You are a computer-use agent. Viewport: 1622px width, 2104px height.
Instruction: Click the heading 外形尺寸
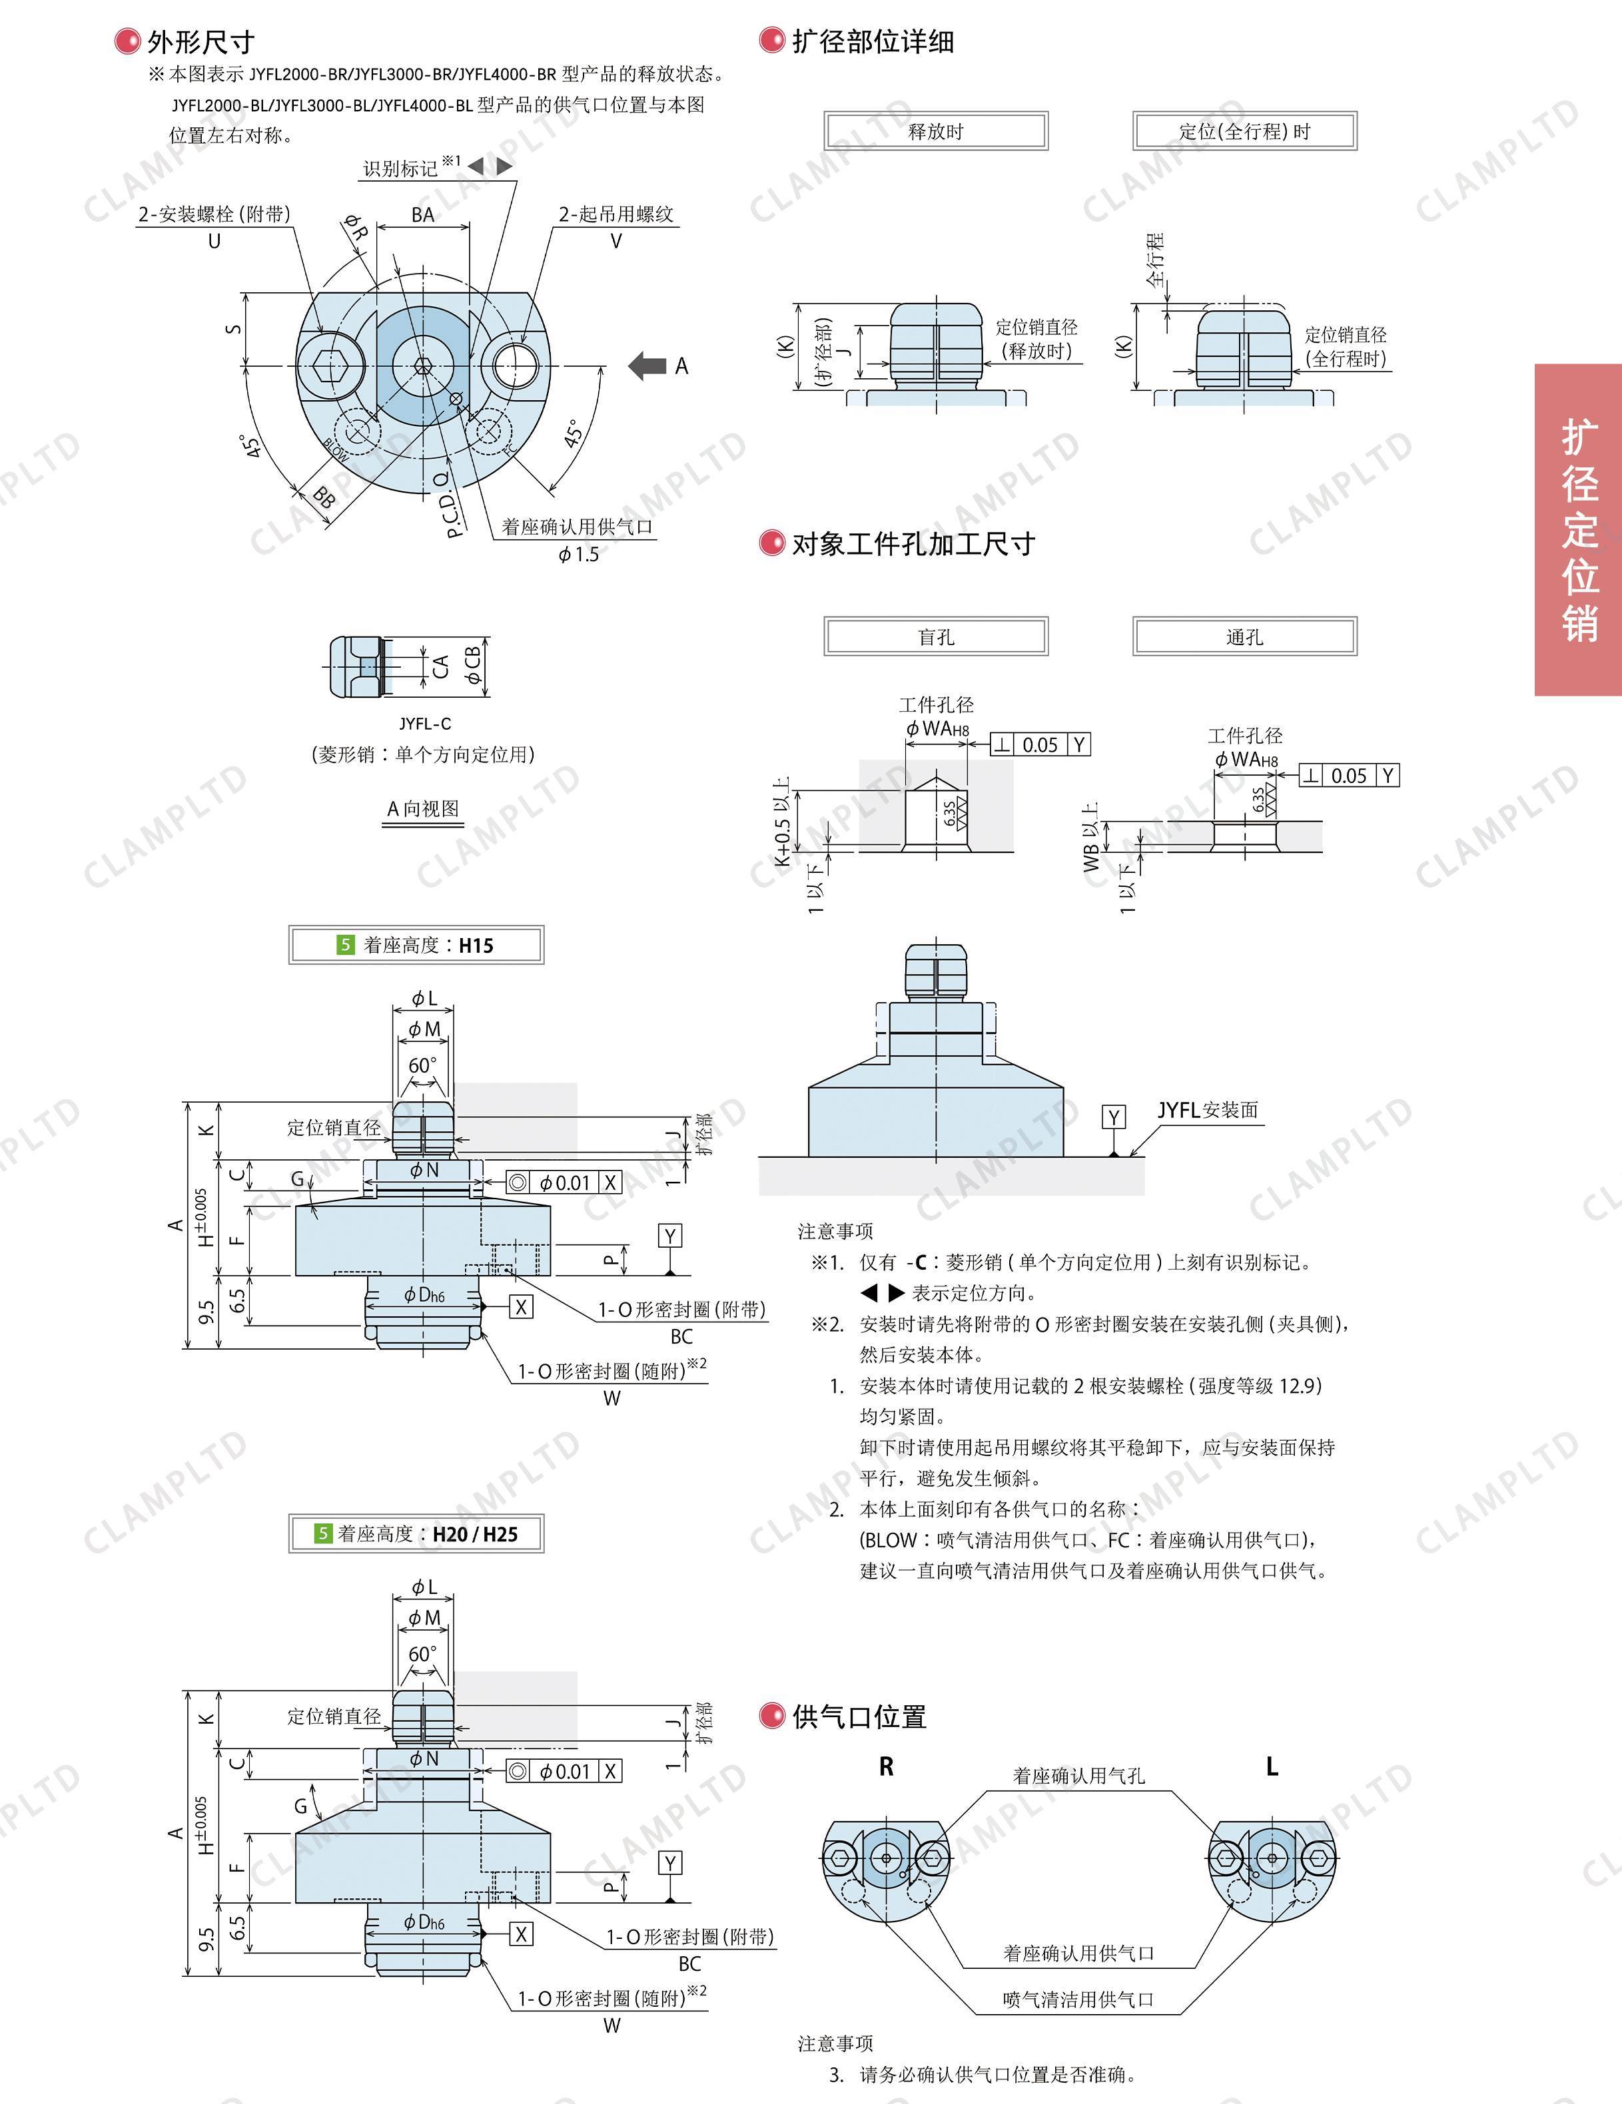coord(201,41)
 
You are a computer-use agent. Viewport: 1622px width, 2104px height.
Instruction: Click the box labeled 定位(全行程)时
coord(1244,131)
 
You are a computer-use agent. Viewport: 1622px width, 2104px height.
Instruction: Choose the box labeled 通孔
coord(1244,637)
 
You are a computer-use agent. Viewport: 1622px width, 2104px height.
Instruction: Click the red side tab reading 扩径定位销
coord(1579,530)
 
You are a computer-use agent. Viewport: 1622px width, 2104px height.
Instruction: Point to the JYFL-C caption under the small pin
coord(425,724)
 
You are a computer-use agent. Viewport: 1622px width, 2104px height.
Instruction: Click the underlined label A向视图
coord(423,809)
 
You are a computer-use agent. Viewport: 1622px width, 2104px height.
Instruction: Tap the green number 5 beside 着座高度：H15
coord(346,945)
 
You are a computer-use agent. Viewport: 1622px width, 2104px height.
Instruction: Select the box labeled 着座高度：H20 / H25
coord(416,1533)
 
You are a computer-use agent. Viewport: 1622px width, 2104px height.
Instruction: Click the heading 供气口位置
coord(859,1716)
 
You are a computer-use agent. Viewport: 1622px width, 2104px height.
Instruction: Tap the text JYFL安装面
coord(1208,1111)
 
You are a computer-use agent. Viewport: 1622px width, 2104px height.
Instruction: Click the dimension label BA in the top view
coord(423,215)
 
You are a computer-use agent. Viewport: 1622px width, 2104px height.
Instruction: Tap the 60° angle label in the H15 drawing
coord(422,1065)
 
